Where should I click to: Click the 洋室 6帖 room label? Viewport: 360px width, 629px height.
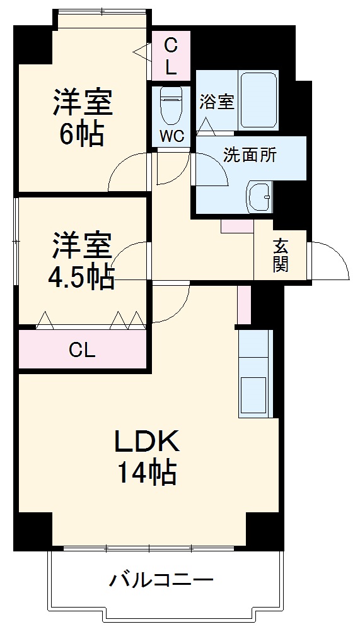82,118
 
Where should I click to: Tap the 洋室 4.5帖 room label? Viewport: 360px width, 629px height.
82,260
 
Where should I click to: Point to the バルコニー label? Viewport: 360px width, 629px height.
162,579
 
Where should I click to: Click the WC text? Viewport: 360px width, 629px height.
171,135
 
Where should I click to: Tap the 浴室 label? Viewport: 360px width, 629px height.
217,102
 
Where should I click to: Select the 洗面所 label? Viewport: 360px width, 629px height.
250,155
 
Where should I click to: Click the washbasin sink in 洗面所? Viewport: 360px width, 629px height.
258,197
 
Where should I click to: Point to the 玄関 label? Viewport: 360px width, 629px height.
281,254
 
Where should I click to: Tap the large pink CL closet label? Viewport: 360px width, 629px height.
82,350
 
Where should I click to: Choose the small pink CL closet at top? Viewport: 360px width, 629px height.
170,56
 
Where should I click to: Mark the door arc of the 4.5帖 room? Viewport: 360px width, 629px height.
131,260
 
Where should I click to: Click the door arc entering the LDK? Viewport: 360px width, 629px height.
171,303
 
